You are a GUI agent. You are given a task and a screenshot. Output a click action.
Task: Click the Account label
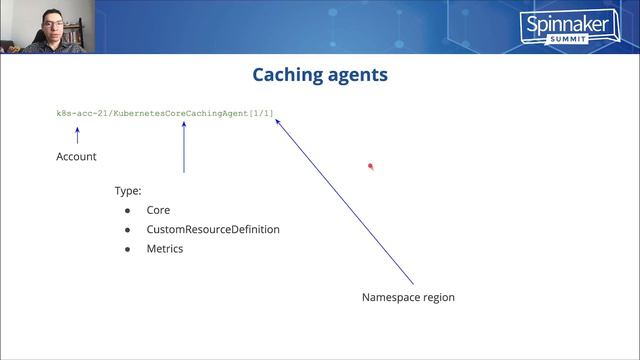click(x=76, y=157)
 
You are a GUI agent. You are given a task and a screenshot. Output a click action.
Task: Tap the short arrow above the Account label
click(x=77, y=134)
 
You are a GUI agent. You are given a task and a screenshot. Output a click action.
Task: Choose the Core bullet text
click(x=158, y=210)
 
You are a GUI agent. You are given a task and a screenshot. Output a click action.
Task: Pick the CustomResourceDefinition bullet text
click(x=213, y=229)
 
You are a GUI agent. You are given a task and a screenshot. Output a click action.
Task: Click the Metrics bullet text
click(x=165, y=248)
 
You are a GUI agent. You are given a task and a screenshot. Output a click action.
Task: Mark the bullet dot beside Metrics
click(x=128, y=249)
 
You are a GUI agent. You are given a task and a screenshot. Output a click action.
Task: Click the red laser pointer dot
click(x=370, y=167)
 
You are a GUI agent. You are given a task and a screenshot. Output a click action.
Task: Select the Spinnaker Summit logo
click(x=556, y=26)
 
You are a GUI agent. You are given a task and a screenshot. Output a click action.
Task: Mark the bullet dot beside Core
click(x=128, y=211)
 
